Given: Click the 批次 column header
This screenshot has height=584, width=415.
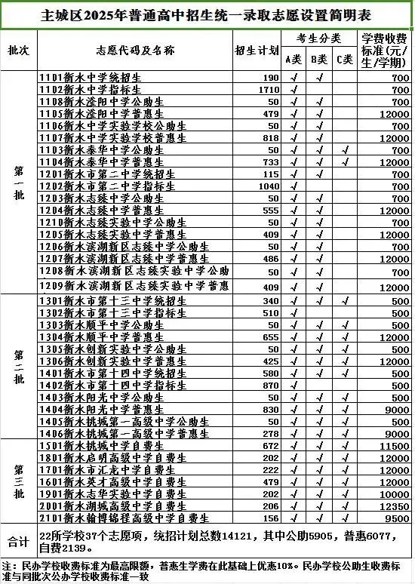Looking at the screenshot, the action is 19,51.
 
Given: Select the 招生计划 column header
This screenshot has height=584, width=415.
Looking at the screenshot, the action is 256,51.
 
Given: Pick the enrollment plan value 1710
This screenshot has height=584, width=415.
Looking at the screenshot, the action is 269,90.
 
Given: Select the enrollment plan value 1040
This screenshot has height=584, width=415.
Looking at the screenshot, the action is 269,186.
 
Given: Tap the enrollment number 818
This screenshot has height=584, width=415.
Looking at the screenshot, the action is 271,138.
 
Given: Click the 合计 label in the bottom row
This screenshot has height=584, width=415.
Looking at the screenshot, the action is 19,541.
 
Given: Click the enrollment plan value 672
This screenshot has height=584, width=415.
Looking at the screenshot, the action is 271,446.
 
